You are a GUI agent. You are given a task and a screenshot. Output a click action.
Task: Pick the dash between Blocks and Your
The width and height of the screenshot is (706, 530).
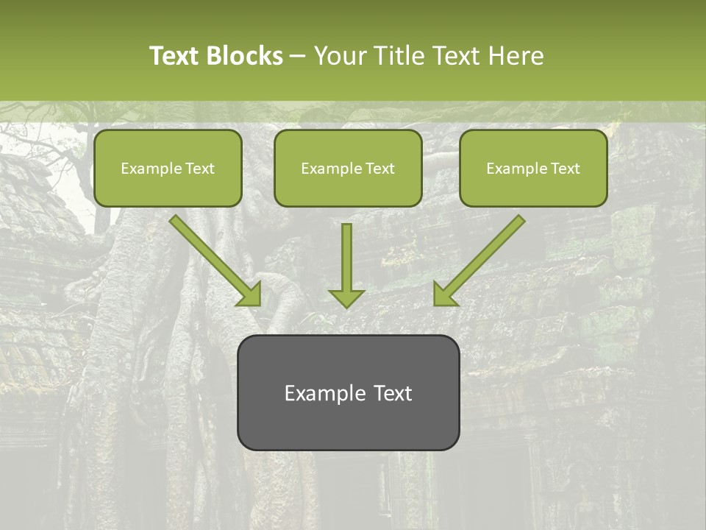tap(298, 57)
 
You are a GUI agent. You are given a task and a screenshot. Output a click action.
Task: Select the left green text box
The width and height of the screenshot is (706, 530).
tap(168, 168)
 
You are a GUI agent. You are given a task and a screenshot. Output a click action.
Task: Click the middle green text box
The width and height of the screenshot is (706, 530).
tap(348, 168)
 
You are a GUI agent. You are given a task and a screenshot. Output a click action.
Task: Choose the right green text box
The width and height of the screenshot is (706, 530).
tap(533, 168)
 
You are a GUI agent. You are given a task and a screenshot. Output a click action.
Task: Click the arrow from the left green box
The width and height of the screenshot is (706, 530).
tap(213, 258)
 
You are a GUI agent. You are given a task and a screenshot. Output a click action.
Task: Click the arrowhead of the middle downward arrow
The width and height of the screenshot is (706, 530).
tap(346, 297)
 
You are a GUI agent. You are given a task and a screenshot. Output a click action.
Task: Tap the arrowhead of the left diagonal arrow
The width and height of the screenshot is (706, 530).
tap(250, 294)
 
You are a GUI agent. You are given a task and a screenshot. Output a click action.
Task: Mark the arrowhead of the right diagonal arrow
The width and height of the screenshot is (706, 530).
tap(444, 294)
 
